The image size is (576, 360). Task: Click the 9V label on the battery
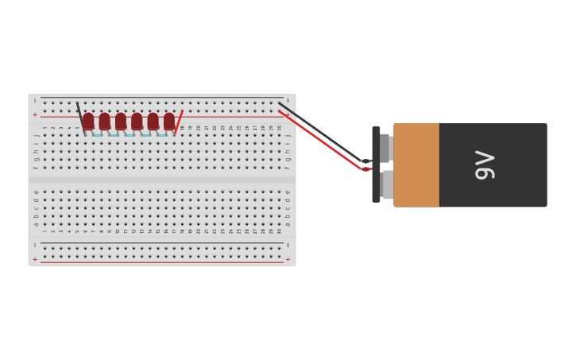485,165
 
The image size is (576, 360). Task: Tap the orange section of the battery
416,165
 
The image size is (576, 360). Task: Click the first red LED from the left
88,121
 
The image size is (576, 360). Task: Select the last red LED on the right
169,121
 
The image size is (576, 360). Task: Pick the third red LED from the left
121,121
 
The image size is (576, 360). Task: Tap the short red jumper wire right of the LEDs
178,122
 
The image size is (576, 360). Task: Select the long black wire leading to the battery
326,134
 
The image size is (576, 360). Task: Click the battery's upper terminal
385,148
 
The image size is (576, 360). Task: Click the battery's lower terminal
387,184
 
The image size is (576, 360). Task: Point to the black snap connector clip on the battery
376,165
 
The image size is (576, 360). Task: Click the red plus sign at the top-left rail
35,114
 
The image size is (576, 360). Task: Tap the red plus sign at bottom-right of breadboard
288,259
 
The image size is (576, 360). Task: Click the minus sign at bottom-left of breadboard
35,246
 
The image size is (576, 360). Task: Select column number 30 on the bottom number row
279,231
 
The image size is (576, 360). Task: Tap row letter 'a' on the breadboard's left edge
36,224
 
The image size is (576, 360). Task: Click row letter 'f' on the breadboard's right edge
288,168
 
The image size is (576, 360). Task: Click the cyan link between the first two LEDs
97,135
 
